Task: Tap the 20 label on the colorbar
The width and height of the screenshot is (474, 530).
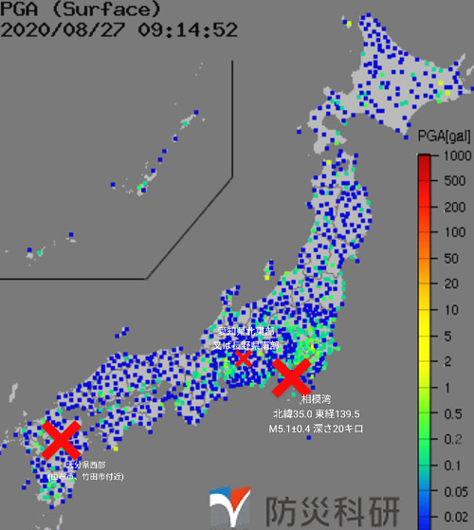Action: coord(456,283)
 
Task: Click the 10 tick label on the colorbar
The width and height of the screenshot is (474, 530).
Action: coord(456,309)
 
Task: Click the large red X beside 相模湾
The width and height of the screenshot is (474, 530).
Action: coord(292,376)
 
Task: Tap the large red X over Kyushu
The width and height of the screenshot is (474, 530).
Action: coord(61,440)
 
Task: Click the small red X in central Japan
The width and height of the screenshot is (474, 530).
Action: coord(244,356)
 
